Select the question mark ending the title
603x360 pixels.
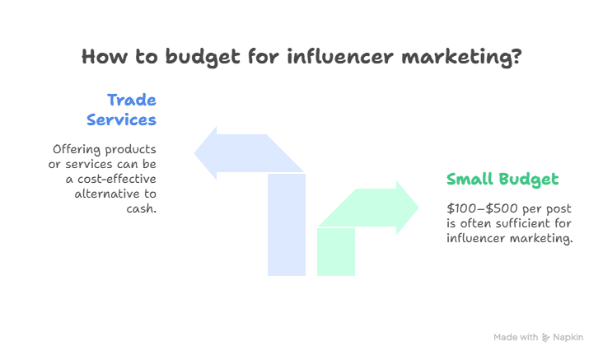[x=514, y=58]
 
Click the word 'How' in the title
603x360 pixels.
[x=102, y=58]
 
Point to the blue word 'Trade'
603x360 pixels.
[x=132, y=101]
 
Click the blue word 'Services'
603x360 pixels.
[x=122, y=119]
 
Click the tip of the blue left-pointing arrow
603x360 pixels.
[x=196, y=152]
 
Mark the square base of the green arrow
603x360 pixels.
[x=336, y=251]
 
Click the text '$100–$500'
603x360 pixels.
[x=479, y=208]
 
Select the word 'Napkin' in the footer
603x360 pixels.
[x=568, y=338]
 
